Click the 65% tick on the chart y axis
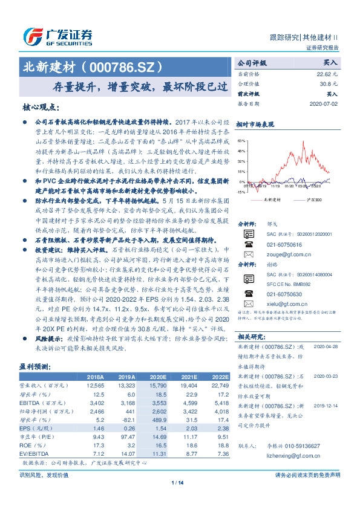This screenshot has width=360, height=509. pos(241,141)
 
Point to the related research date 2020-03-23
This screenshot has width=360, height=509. pos(327,374)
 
